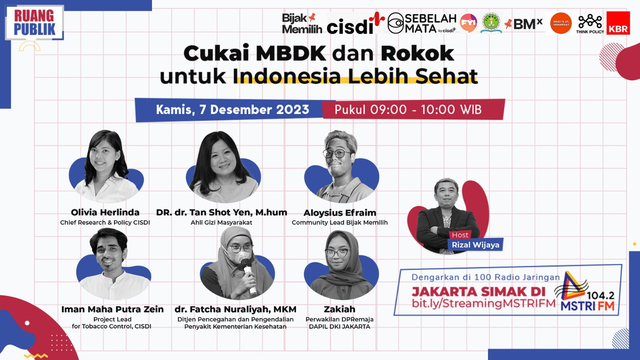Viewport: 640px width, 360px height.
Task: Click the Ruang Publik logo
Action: click(x=34, y=22)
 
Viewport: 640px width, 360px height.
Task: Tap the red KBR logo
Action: click(x=618, y=23)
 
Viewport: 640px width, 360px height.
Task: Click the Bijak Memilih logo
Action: click(x=301, y=23)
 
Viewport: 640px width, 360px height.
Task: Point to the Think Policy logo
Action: click(x=590, y=24)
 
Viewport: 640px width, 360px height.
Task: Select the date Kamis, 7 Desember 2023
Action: click(x=232, y=110)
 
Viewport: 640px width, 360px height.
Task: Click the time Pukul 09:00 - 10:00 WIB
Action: click(x=408, y=110)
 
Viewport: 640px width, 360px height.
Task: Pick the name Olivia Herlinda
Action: click(x=105, y=212)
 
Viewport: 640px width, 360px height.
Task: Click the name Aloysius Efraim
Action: click(x=340, y=213)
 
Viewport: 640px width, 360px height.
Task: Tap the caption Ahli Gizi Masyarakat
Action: click(x=221, y=222)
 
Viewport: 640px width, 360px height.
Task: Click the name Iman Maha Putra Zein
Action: click(x=112, y=309)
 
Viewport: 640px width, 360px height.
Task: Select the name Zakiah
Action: click(x=340, y=309)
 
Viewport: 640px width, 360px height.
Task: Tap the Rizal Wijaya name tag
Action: click(x=475, y=245)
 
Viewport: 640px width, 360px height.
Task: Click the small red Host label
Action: click(x=460, y=235)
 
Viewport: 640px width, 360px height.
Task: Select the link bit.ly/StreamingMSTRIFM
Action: click(x=484, y=303)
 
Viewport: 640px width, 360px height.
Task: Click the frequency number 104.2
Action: click(x=600, y=295)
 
